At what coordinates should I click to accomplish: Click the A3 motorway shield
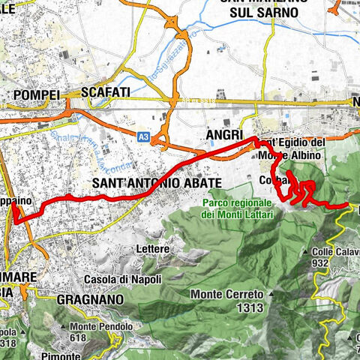click(x=142, y=136)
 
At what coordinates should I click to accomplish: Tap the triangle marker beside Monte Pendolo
click(x=67, y=327)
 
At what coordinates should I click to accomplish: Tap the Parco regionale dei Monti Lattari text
click(x=236, y=209)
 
